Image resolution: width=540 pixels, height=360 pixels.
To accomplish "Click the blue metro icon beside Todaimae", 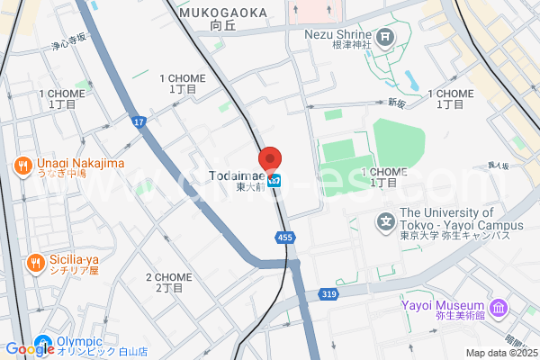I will pos(279,180).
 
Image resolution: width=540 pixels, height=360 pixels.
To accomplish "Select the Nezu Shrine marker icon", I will pos(386,37).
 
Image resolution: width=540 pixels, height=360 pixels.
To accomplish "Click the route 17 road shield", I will pos(138,121).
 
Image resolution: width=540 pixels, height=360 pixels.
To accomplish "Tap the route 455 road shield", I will pos(284,238).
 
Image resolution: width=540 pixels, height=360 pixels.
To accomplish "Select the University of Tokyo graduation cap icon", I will pos(386,220).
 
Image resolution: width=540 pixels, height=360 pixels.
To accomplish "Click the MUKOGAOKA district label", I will pos(223,13).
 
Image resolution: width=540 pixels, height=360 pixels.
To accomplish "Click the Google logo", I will pos(29,349).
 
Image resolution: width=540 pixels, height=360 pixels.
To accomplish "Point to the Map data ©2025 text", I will pos(501,353).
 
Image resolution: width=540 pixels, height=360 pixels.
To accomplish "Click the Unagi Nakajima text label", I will pos(80,165).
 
